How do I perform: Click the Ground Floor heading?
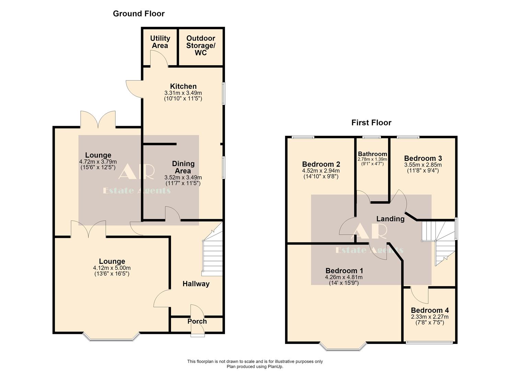click(x=139, y=14)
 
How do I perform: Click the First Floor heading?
click(x=371, y=123)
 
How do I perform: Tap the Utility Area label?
click(x=160, y=42)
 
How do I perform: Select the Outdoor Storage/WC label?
click(x=201, y=45)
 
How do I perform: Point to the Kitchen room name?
click(x=183, y=86)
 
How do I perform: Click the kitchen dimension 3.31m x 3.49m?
click(x=183, y=93)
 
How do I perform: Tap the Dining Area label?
click(x=183, y=167)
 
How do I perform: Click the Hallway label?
click(x=196, y=284)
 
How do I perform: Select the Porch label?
click(x=197, y=321)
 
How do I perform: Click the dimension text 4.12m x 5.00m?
click(x=112, y=268)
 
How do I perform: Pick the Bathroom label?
click(x=373, y=154)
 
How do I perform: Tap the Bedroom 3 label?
click(x=423, y=158)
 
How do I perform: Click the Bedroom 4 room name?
click(x=430, y=310)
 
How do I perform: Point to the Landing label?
click(x=390, y=218)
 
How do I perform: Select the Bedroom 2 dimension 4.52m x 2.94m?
click(x=321, y=171)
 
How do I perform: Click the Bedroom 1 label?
click(x=344, y=271)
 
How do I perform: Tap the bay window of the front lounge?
click(x=111, y=337)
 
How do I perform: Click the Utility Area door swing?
click(x=159, y=58)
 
